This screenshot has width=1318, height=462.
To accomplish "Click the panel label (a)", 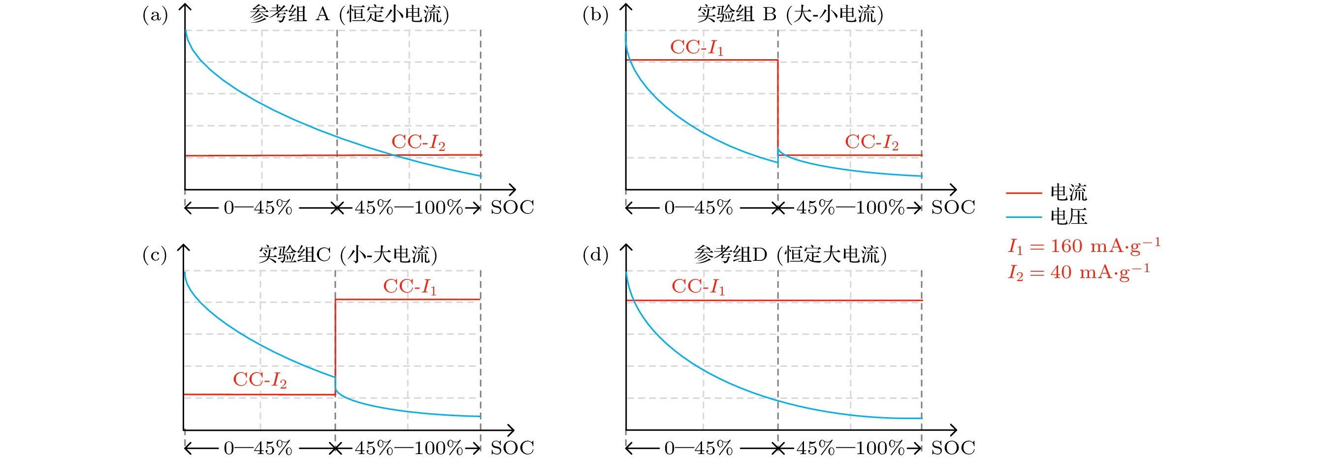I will pyautogui.click(x=155, y=15).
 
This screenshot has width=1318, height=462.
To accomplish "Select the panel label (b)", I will pyautogui.click(x=596, y=15).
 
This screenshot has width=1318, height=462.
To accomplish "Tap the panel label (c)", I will pyautogui.click(x=155, y=255).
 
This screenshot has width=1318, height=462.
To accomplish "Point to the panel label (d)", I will pyautogui.click(x=596, y=255).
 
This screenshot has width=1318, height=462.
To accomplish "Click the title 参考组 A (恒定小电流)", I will pyautogui.click(x=350, y=14).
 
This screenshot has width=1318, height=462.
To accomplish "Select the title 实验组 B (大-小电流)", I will pyautogui.click(x=790, y=14).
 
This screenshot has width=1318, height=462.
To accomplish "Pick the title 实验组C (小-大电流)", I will pyautogui.click(x=348, y=254).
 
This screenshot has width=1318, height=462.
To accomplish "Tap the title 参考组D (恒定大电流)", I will pyautogui.click(x=790, y=254).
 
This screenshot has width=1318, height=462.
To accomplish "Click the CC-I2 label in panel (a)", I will pyautogui.click(x=418, y=142).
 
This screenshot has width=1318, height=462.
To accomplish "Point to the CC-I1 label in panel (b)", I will pyautogui.click(x=697, y=48).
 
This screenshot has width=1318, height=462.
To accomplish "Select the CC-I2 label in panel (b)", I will pyautogui.click(x=871, y=142).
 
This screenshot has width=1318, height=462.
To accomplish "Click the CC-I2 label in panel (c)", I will pyautogui.click(x=259, y=380).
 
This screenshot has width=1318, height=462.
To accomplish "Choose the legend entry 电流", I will pyautogui.click(x=1068, y=193).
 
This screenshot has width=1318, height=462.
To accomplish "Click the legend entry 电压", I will pyautogui.click(x=1068, y=217).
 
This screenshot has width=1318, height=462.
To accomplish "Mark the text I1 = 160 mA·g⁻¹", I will pyautogui.click(x=1084, y=247).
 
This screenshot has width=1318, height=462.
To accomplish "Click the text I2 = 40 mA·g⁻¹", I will pyautogui.click(x=1079, y=272).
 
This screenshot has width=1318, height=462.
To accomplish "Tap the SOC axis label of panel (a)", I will pyautogui.click(x=512, y=208).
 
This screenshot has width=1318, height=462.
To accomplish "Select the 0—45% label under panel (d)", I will pyautogui.click(x=699, y=448).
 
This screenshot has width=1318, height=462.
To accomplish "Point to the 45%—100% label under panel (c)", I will pyautogui.click(x=409, y=448).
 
